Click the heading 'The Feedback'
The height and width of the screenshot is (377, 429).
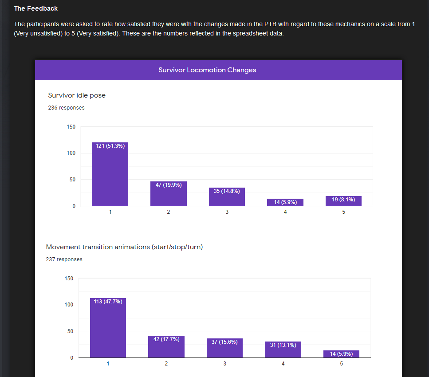[x=36, y=8]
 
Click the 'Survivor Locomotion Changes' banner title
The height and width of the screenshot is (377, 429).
[x=207, y=70]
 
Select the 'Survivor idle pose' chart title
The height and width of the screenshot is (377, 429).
[x=77, y=95]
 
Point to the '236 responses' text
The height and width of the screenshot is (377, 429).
[x=66, y=107]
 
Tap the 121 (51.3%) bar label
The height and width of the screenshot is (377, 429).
[x=110, y=146]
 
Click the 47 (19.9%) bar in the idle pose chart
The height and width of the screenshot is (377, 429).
[x=169, y=194]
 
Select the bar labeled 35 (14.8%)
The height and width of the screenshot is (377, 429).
[x=227, y=197]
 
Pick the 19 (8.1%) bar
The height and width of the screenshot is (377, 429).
[x=343, y=201]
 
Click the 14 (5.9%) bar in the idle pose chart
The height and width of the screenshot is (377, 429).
[x=285, y=202]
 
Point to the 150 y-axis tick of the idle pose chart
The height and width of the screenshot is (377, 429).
[x=71, y=127]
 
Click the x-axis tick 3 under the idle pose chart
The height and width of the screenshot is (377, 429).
[x=227, y=212]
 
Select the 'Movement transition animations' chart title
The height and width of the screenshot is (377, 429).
[x=124, y=247]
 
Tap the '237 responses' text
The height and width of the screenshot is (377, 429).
[x=64, y=259]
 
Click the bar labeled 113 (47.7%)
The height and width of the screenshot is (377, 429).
[x=108, y=328]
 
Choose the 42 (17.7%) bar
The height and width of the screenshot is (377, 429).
[x=166, y=347]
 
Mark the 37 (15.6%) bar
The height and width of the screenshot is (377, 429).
[x=224, y=348]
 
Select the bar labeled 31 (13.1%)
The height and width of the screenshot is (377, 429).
[x=283, y=350]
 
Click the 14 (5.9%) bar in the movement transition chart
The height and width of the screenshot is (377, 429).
[x=341, y=354]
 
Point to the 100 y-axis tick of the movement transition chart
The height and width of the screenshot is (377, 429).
[x=69, y=305]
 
